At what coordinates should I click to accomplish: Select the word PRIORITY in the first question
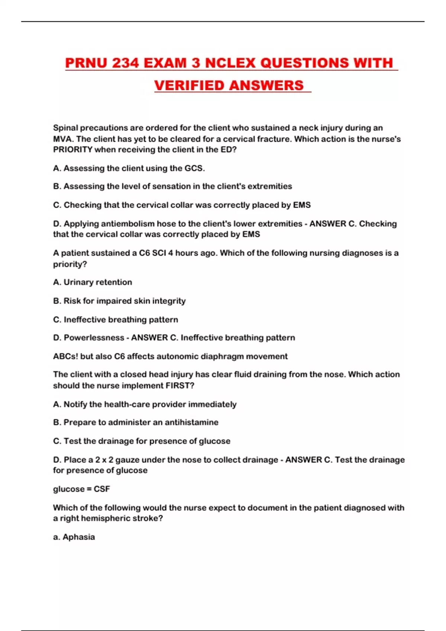(x=72, y=150)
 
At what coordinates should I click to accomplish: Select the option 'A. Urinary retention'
(x=93, y=282)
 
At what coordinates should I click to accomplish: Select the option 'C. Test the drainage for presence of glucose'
(x=142, y=441)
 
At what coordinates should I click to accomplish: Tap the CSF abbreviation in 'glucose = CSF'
(x=102, y=489)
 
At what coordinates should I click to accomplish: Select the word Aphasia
(x=78, y=537)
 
